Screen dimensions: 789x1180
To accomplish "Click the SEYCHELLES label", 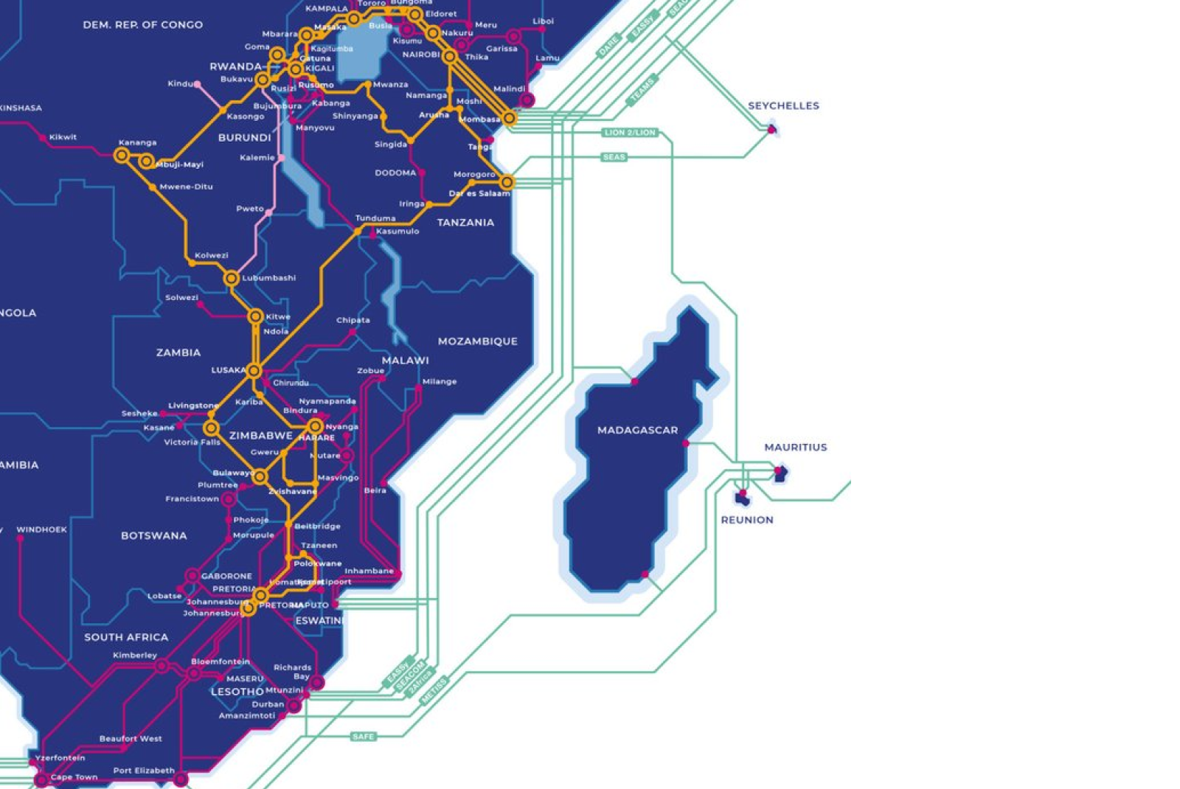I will point(783,105).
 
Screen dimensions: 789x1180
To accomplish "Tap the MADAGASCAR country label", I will point(637,430).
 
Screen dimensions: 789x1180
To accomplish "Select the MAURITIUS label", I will point(795,447).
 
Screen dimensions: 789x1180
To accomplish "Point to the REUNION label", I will point(746,520).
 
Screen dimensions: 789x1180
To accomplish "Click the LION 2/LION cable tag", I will point(629,133).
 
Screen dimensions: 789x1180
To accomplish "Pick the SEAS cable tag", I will point(614,157).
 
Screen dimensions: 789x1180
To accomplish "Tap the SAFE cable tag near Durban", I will point(363,736).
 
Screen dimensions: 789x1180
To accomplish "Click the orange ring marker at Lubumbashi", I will point(232,278).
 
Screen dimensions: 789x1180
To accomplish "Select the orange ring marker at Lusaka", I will point(254,370).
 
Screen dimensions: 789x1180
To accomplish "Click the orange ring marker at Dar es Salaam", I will point(507,181).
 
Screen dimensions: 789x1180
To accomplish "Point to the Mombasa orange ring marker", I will point(510,118).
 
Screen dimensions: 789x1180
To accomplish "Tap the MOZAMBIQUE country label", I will point(477,341).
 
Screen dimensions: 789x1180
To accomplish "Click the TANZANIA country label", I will point(465,222).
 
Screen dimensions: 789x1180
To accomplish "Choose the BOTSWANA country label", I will point(153,535).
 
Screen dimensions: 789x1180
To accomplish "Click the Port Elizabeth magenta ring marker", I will point(181,779).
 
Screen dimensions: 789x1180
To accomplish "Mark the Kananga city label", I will point(137,142).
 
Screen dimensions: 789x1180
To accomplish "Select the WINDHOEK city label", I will point(41,529).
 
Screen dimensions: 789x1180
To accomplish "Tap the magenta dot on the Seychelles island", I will point(771,130).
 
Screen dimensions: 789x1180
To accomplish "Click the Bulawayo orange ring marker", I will point(260,477).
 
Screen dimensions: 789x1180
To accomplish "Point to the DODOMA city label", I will point(395,173).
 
